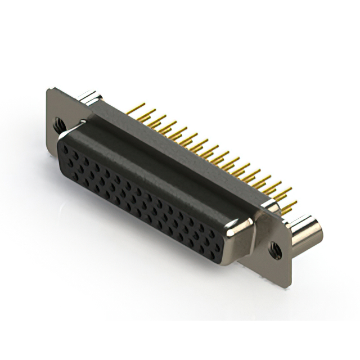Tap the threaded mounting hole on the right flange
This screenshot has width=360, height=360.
[x=275, y=247]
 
